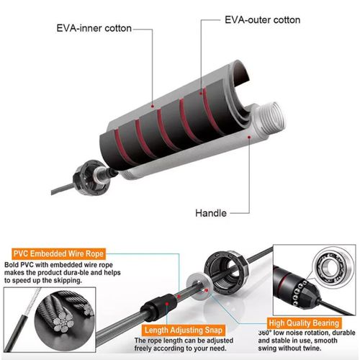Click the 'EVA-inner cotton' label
(x=94, y=28)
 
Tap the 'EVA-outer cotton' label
(x=262, y=20)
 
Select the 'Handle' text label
(x=211, y=213)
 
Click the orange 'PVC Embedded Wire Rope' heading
(x=58, y=253)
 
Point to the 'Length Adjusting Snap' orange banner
(x=184, y=330)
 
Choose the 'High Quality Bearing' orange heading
(x=304, y=323)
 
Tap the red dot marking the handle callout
(x=249, y=137)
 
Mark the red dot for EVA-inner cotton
(x=152, y=106)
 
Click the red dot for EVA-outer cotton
(x=201, y=93)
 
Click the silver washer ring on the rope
(x=199, y=286)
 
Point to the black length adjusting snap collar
(x=159, y=307)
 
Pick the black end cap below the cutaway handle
(x=89, y=178)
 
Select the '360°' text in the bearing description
(x=265, y=333)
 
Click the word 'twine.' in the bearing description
(x=311, y=348)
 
